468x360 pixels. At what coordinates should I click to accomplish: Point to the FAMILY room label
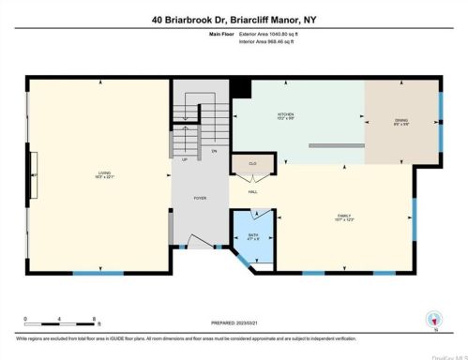point(344,216)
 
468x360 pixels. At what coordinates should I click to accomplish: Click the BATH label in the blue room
point(252,235)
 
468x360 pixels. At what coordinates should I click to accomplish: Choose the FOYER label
point(200,199)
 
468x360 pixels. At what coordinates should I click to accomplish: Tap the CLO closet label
point(252,163)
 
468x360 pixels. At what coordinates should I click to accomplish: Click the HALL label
point(253,191)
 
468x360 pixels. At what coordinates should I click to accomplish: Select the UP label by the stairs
point(183,159)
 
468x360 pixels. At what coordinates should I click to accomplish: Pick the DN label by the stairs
point(214,150)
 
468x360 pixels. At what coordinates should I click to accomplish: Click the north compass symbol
point(431,319)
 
